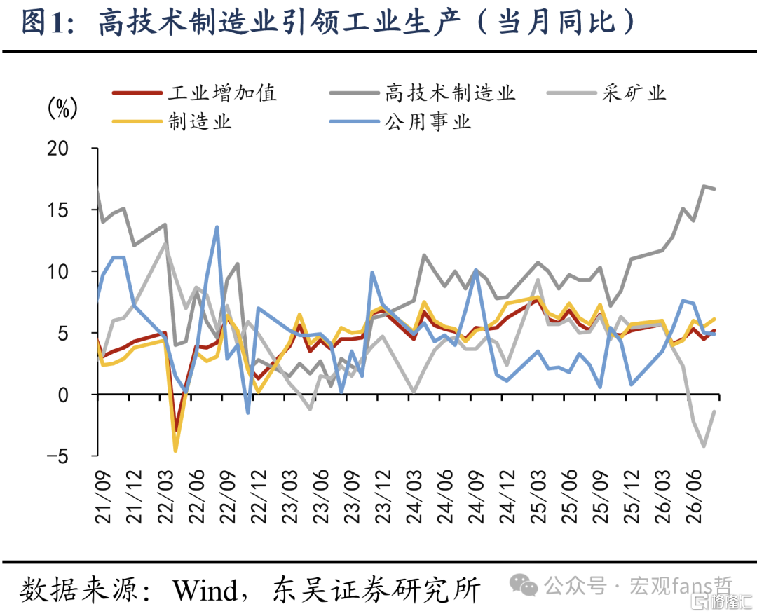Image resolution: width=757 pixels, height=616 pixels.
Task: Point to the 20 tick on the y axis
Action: click(57, 148)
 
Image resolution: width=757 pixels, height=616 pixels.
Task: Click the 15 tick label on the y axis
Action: click(57, 210)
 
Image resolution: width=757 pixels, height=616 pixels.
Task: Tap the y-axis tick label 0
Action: click(63, 395)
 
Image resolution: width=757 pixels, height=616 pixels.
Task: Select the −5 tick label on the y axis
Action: click(57, 456)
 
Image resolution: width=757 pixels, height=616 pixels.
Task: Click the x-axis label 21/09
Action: click(103, 498)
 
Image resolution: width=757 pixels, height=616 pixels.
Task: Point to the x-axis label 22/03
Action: click(165, 498)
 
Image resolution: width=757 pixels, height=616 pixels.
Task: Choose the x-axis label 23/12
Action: click(383, 498)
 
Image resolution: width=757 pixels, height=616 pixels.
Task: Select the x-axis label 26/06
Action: click(693, 498)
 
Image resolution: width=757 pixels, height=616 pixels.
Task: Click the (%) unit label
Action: click(62, 107)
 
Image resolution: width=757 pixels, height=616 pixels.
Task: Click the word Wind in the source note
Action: click(205, 589)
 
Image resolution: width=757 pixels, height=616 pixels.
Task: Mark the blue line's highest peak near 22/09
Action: click(217, 226)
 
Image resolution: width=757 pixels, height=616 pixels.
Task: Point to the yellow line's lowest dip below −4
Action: click(175, 451)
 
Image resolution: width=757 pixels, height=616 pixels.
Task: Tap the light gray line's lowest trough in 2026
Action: click(704, 446)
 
